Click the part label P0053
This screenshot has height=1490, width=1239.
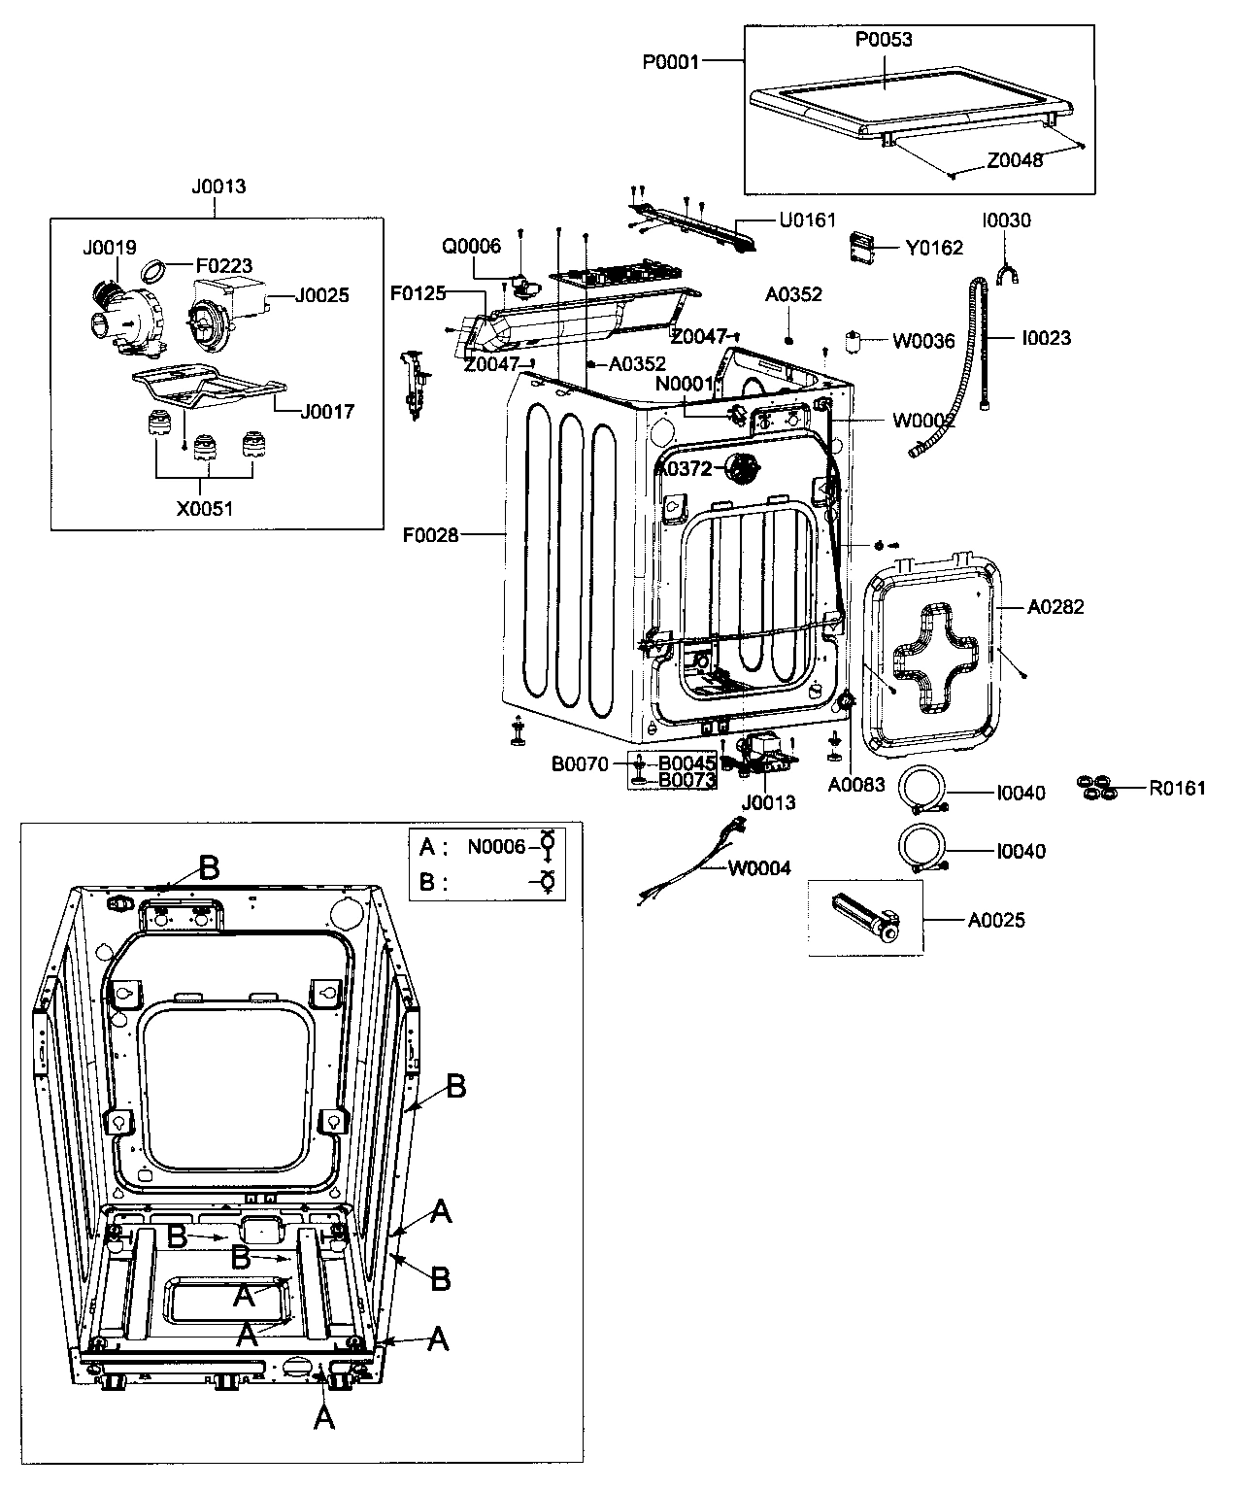click(884, 40)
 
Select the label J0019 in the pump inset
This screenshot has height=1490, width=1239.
click(109, 247)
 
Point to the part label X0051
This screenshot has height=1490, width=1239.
click(204, 508)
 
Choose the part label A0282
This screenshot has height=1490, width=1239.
click(1055, 607)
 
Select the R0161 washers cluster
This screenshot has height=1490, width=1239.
click(1096, 788)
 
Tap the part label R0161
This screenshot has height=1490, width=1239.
click(1177, 788)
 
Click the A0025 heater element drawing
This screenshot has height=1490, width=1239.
click(865, 919)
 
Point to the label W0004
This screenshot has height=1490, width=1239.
click(759, 867)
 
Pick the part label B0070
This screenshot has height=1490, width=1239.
click(580, 764)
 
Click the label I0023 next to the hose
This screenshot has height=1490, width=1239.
click(1046, 338)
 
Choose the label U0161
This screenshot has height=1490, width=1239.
click(807, 220)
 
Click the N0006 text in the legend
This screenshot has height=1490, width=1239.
click(496, 847)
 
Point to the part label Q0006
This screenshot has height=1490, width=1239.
click(471, 246)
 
